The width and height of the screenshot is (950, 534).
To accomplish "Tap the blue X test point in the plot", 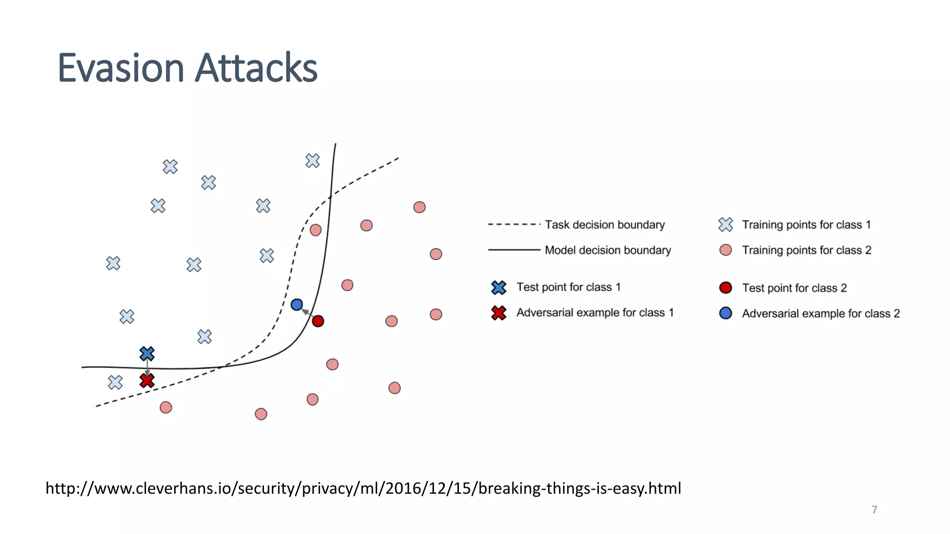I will click(x=147, y=354).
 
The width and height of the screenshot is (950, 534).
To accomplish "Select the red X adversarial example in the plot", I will click(x=147, y=381).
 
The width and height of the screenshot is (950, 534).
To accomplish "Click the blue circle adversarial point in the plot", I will click(x=297, y=305).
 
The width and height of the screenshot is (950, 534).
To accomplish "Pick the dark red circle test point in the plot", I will click(x=318, y=321).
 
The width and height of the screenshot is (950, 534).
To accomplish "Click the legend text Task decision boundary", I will click(x=604, y=225).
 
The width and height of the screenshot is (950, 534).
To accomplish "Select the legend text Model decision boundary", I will click(x=608, y=250).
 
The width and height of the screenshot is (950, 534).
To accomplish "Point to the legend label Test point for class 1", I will click(x=568, y=287).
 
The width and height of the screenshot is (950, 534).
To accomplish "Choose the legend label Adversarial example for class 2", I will click(x=821, y=314).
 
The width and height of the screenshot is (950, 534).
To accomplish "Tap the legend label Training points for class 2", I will click(x=806, y=250).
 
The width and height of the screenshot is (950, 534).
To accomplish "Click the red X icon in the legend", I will click(x=499, y=313).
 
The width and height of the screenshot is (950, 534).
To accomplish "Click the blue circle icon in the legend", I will click(x=725, y=313).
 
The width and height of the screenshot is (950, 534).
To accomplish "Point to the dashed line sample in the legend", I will click(x=514, y=225).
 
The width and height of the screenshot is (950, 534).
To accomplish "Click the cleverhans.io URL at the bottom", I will click(x=363, y=488).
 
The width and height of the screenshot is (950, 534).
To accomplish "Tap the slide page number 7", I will click(x=874, y=510).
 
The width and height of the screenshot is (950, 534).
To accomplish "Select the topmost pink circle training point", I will click(x=419, y=207).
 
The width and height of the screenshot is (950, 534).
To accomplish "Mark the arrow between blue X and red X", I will click(x=147, y=368).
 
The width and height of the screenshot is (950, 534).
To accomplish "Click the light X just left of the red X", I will click(x=115, y=382).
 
